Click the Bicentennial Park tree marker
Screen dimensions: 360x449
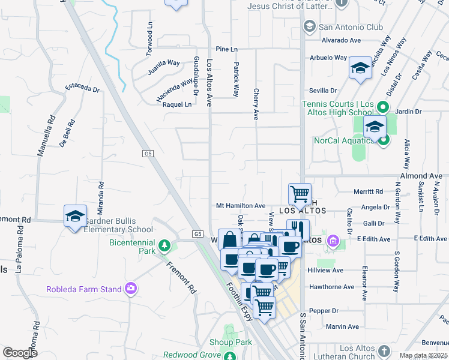[x=164, y=246]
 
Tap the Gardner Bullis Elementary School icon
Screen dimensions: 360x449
[x=75, y=217]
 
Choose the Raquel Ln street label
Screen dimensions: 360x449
[x=177, y=104]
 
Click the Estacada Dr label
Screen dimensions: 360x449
[x=82, y=88]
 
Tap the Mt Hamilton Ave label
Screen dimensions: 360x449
[x=241, y=206]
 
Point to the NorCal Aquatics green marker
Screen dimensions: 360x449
[x=384, y=141]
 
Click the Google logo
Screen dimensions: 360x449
[x=20, y=353]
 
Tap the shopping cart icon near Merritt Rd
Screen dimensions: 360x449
[x=300, y=194]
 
